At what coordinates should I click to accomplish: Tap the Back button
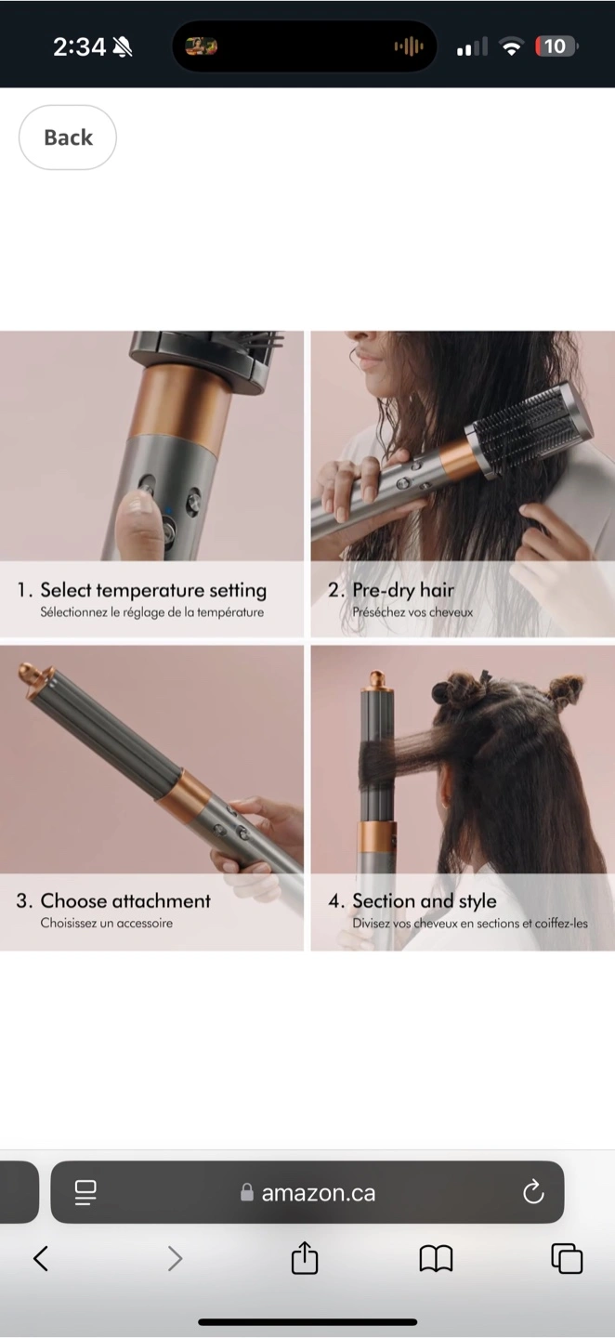click(x=68, y=138)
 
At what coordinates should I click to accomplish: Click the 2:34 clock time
click(x=79, y=46)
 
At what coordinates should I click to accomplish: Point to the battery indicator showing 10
click(x=556, y=46)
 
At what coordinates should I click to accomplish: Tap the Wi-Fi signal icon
click(x=511, y=46)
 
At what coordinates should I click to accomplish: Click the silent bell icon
click(x=123, y=46)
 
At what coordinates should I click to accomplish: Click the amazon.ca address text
click(x=319, y=1192)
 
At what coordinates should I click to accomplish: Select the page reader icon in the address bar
click(x=85, y=1192)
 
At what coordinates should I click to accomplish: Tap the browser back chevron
click(x=41, y=1258)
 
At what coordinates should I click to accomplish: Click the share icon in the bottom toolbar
click(x=305, y=1257)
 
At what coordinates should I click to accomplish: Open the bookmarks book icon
click(x=436, y=1257)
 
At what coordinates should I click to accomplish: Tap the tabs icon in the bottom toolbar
click(x=567, y=1257)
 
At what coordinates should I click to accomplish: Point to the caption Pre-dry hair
click(x=403, y=590)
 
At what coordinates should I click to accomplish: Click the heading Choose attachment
click(x=125, y=900)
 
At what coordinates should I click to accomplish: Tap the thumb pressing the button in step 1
click(x=138, y=526)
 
